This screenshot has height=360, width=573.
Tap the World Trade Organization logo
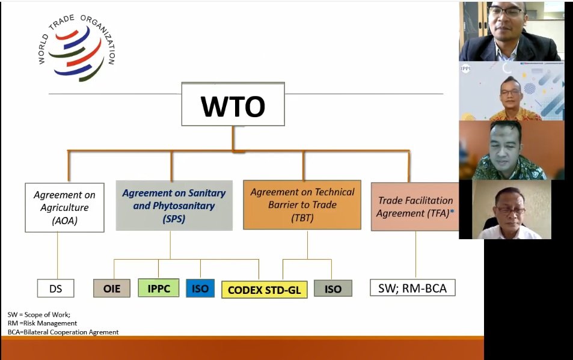pos(76,48)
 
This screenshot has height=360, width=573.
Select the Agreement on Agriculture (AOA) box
pos(61,207)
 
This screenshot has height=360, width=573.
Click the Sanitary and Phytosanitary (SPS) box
pos(174,206)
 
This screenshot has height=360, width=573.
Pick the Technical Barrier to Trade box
pos(302,205)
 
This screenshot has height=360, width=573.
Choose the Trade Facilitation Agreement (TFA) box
pos(415,207)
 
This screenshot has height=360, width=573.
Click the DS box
pos(55,288)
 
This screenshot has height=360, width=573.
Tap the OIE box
pos(112,288)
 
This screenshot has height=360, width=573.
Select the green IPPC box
pos(159,288)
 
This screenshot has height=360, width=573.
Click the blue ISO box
pos(200,288)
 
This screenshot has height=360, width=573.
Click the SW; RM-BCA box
pos(412,288)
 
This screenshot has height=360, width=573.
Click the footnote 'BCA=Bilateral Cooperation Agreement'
pos(63,332)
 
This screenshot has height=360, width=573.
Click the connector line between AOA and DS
pos(58,255)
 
